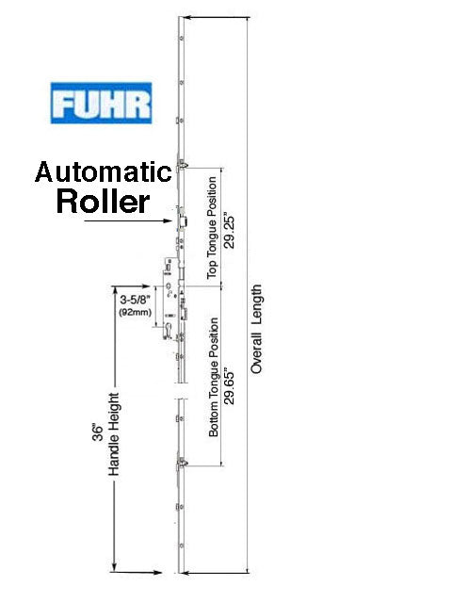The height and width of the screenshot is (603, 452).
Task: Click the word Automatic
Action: (x=103, y=173)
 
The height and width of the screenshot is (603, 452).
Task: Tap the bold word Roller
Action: (x=103, y=202)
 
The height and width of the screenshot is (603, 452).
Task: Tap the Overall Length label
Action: (x=256, y=330)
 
